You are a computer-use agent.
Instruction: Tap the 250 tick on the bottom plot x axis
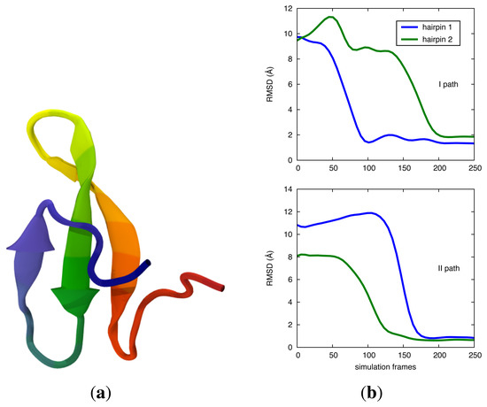pos(474,356)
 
